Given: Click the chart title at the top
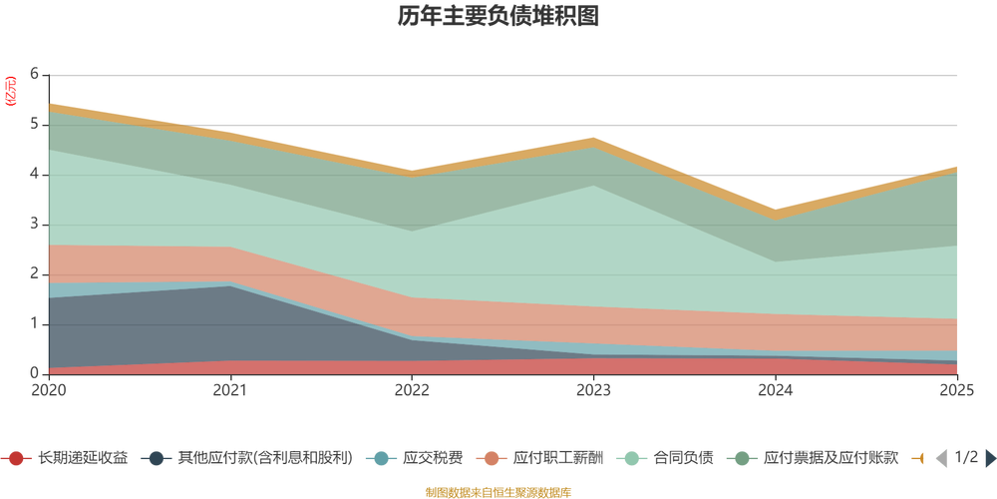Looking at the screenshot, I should click(x=498, y=18).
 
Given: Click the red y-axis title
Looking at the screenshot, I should click(x=11, y=91).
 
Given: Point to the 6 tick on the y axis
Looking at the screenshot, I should click(x=34, y=75).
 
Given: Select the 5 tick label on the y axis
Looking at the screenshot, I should click(x=34, y=125).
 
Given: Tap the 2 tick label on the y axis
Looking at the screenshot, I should click(x=34, y=273).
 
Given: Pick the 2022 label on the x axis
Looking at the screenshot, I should click(x=413, y=388).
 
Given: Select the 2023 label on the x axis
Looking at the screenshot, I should click(x=594, y=388).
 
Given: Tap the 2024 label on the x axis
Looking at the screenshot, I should click(x=776, y=388).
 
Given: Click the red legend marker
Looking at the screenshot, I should click(x=17, y=459).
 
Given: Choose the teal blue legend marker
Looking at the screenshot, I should click(x=380, y=459).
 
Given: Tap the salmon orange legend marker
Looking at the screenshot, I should click(x=492, y=459).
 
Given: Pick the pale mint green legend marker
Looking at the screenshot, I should click(x=631, y=459).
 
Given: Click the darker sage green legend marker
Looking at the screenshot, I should click(x=743, y=459).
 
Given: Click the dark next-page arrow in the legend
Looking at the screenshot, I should click(x=988, y=458).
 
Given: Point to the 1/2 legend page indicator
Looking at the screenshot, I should click(x=963, y=458).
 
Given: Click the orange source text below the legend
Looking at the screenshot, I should click(x=498, y=490).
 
